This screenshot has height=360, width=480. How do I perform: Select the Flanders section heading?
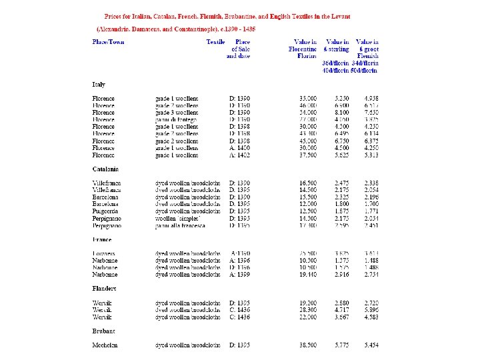coord(104,288)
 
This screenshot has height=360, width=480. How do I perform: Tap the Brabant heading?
coord(103,331)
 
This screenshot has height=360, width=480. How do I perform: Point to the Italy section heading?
coord(99,85)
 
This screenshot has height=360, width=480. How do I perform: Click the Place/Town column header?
coord(108,42)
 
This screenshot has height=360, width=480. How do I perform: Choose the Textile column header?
coord(215,42)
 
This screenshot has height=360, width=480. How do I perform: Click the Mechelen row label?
coord(105,345)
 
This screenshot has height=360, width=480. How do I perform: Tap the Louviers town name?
coord(104,253)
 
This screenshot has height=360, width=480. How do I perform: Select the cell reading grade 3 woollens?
coord(177,113)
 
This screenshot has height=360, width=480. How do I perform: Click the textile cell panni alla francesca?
coord(180,225)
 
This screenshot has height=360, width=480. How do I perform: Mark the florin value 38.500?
coord(308,345)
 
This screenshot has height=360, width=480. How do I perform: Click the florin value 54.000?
coord(308,113)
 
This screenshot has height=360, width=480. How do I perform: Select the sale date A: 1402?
coord(240,155)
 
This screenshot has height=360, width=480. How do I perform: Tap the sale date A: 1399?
coord(240,274)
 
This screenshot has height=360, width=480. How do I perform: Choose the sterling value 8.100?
coord(342,113)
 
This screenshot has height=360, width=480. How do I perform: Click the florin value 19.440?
coord(308,274)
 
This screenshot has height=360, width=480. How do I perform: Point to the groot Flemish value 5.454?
coord(371,345)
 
